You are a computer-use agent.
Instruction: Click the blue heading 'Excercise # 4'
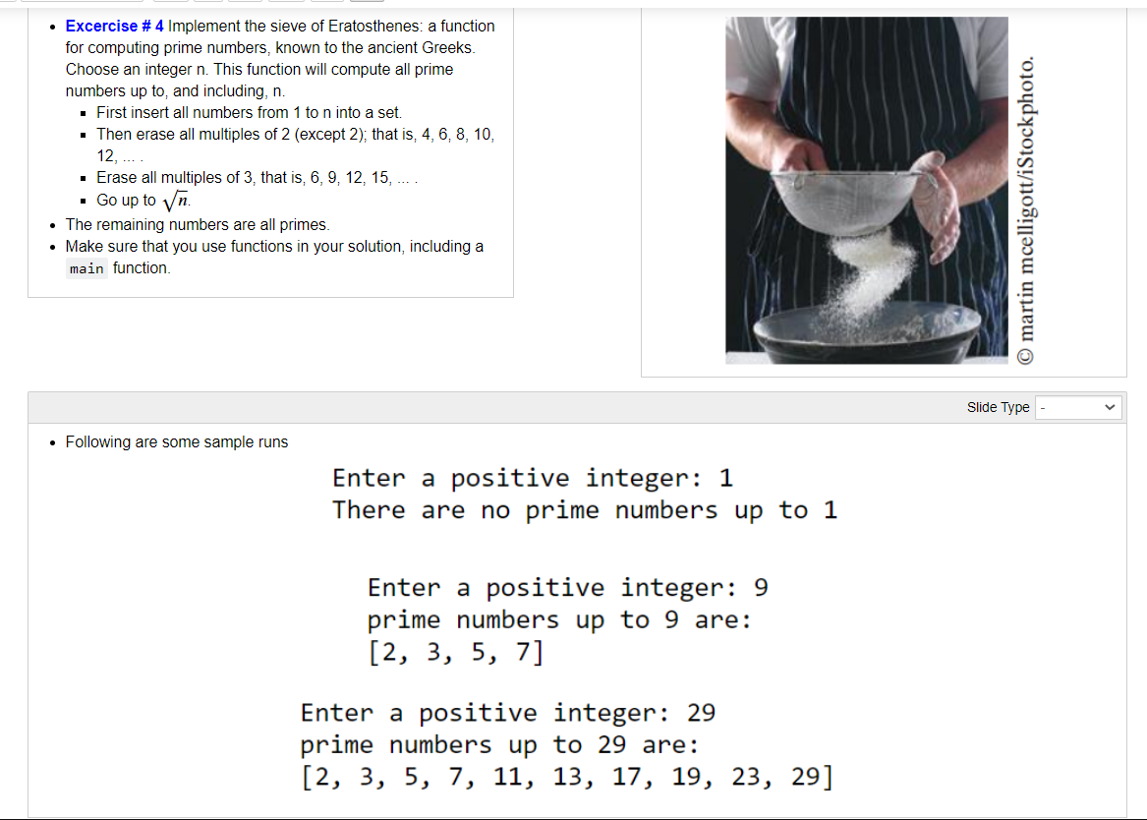click(115, 26)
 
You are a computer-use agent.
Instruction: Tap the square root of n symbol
click(175, 201)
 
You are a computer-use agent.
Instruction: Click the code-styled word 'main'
click(86, 268)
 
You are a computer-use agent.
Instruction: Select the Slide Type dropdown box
click(1079, 407)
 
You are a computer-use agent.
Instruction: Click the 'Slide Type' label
click(998, 407)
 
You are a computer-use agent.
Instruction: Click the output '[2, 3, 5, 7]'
click(455, 652)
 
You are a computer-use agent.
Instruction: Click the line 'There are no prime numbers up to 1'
click(584, 510)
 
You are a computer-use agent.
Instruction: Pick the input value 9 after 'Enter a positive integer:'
click(760, 588)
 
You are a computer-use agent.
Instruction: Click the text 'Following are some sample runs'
click(177, 442)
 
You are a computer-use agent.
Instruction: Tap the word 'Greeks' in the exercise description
click(448, 47)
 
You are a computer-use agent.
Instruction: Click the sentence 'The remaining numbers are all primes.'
click(198, 224)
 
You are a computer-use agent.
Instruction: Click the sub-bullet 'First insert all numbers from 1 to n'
click(249, 112)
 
